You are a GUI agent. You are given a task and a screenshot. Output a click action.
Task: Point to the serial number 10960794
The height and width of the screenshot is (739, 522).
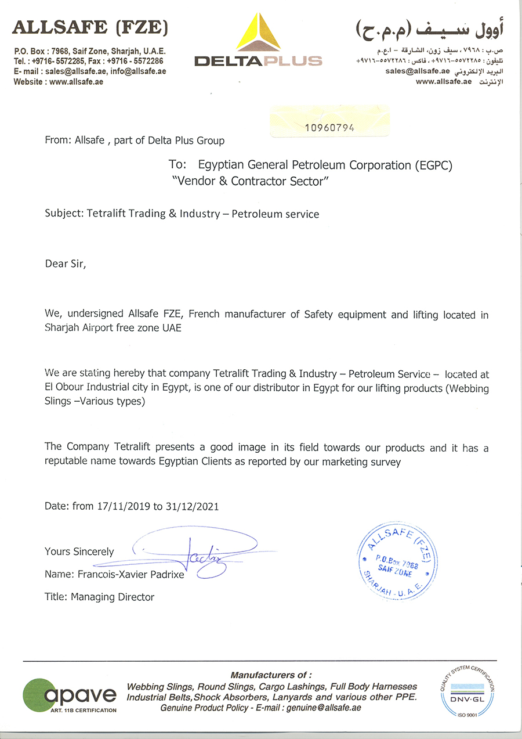click(x=329, y=128)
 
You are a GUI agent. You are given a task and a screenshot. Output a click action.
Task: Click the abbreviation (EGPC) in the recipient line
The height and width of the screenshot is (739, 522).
click(x=426, y=165)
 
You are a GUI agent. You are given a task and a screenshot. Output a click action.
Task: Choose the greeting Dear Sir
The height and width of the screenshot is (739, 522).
click(x=65, y=264)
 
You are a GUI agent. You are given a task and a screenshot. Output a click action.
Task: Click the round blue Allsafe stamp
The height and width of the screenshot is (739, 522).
click(x=394, y=563)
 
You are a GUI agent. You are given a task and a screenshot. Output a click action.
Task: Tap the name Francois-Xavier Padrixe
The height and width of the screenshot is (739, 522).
click(x=134, y=575)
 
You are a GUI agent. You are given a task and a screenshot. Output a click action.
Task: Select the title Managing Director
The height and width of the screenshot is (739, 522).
click(x=113, y=597)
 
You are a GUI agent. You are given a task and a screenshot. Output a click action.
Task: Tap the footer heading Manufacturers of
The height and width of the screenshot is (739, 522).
click(x=271, y=675)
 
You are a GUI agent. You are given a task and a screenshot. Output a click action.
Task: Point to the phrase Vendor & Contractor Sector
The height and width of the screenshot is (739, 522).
click(x=251, y=181)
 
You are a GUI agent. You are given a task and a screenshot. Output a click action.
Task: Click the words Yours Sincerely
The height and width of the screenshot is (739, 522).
click(x=79, y=552)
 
